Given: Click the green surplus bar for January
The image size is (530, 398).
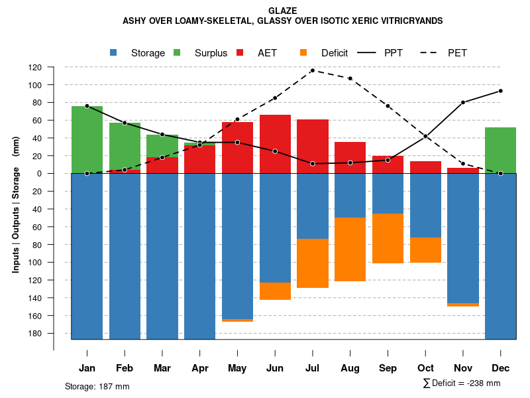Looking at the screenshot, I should (87, 139).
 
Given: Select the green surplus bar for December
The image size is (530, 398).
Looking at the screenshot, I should (500, 150).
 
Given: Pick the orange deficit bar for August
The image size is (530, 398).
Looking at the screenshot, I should (350, 249).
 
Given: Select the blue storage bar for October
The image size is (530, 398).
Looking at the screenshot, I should (425, 205).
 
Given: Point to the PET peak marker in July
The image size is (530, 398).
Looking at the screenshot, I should (312, 70).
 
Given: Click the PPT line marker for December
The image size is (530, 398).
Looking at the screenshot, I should (500, 91).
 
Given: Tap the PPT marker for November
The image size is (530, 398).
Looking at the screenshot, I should (463, 102).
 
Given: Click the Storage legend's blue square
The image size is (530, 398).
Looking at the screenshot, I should (114, 53).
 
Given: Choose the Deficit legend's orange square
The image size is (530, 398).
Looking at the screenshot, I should (304, 53).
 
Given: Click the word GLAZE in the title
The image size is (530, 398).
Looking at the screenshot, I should (283, 11).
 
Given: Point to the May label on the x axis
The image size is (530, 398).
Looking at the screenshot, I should (237, 368).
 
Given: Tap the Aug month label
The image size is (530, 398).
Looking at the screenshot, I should (350, 368).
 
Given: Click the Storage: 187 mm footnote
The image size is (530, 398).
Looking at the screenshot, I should (97, 386).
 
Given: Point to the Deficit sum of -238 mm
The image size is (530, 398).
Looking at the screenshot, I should (462, 383).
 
